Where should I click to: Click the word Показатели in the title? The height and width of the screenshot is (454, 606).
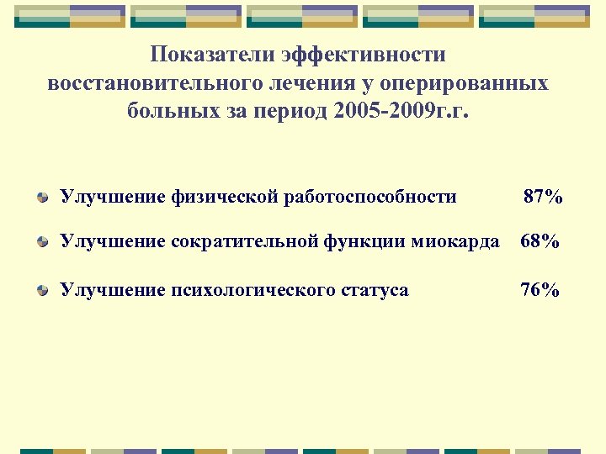pos(212,55)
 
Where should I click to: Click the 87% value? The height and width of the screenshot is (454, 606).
pos(543,198)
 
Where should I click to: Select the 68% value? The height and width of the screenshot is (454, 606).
pos(540,242)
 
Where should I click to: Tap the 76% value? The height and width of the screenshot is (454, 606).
pos(540,290)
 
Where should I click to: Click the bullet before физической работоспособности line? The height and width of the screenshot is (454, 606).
pos(42,198)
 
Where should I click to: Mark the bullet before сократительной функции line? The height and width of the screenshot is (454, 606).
pos(42,243)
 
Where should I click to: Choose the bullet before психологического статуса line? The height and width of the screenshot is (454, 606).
pos(42,291)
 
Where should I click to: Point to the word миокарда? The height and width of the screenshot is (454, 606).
pos(460,242)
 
